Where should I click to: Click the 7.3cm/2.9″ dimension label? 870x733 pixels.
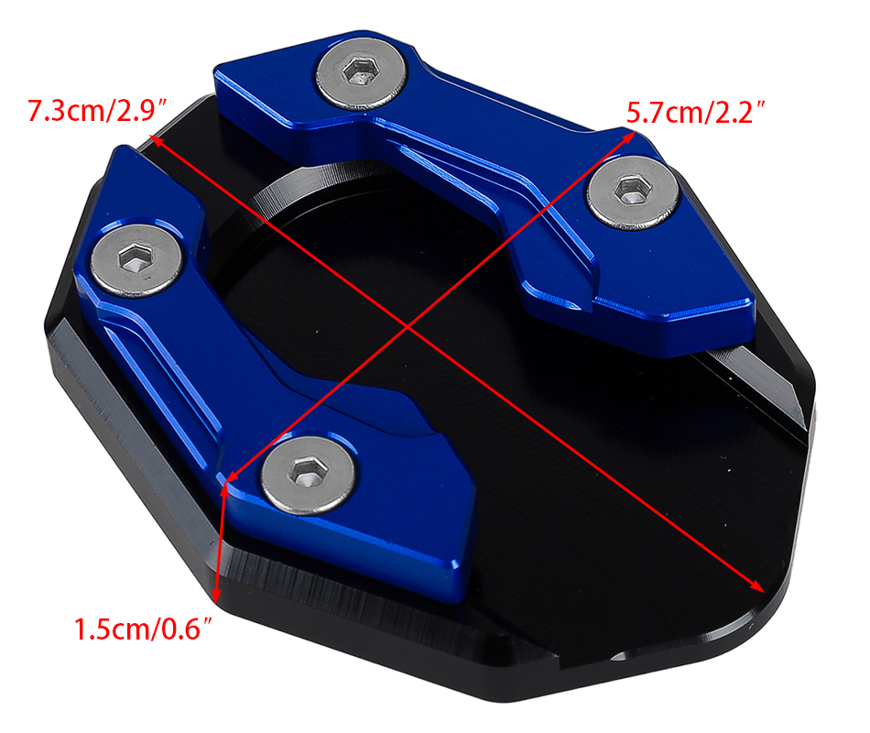(x=96, y=110)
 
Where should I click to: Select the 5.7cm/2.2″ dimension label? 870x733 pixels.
(x=696, y=112)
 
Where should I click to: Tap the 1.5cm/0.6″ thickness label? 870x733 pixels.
(x=143, y=629)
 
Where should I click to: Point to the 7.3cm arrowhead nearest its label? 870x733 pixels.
(x=156, y=139)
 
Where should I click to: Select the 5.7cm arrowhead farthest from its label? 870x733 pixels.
(x=232, y=475)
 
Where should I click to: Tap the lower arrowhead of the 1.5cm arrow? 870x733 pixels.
(x=216, y=596)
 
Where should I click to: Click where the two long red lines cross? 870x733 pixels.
(x=408, y=327)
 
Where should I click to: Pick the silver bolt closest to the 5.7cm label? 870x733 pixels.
(x=633, y=192)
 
